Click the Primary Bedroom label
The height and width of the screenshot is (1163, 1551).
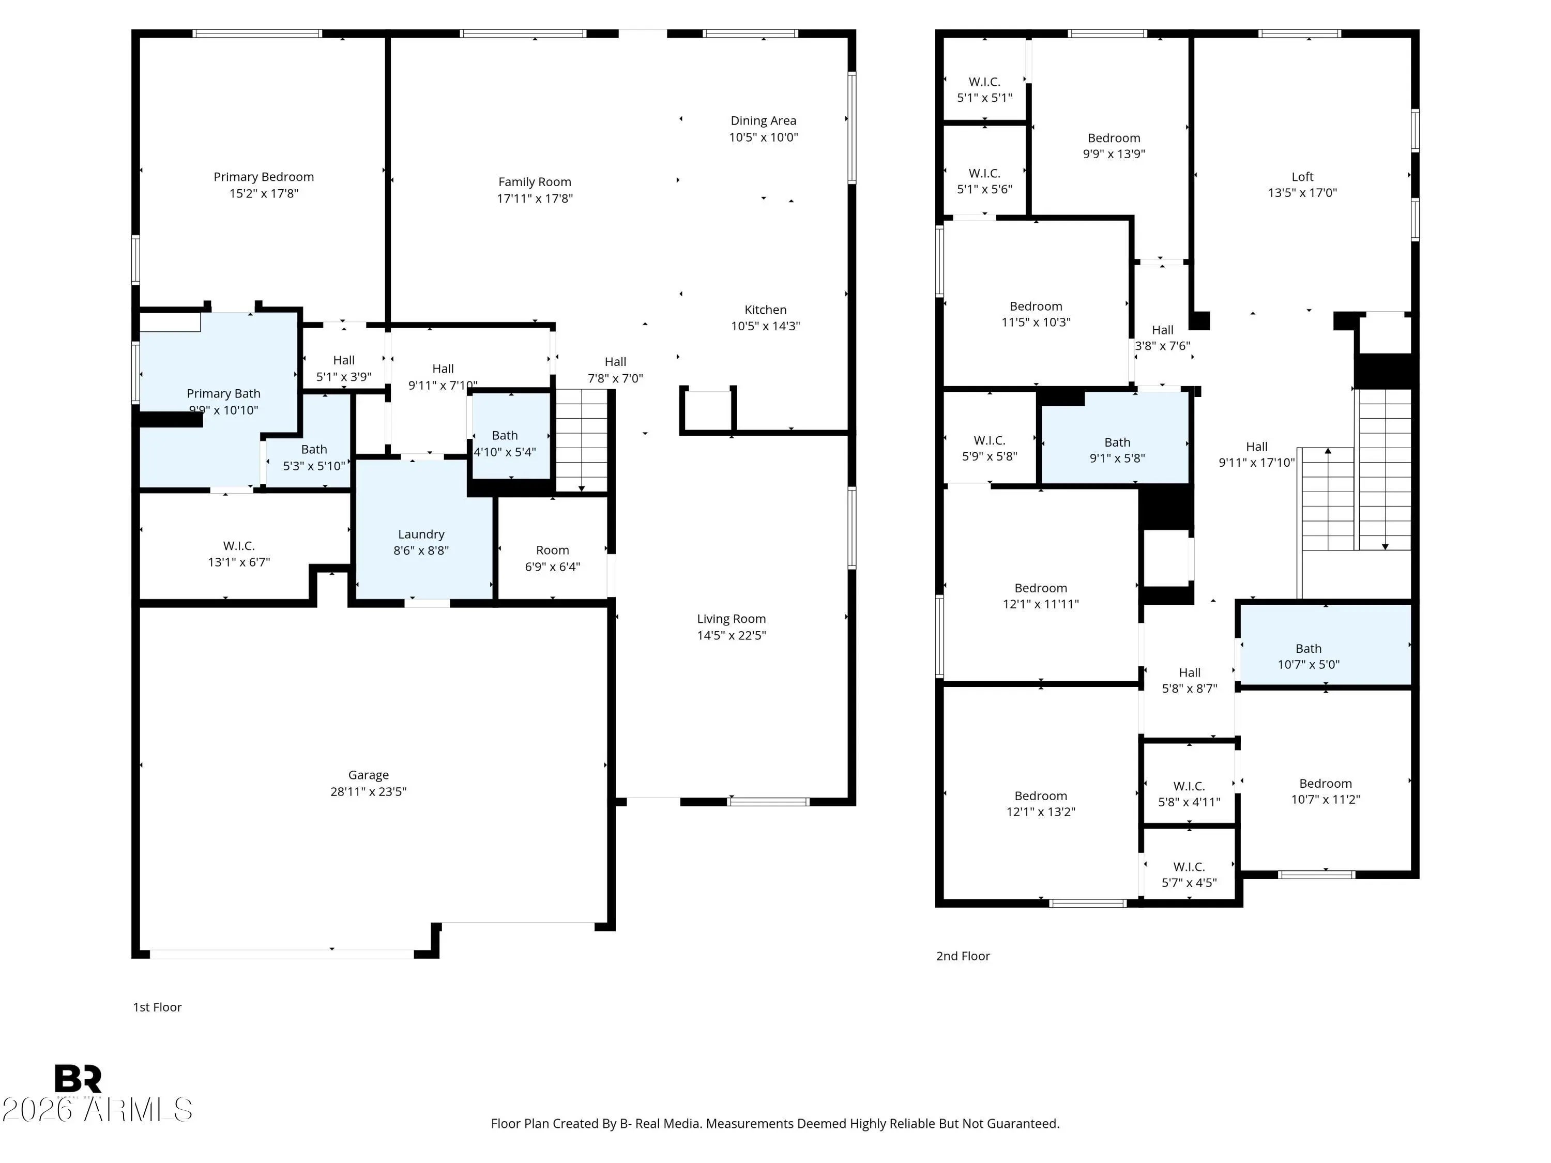[x=264, y=177]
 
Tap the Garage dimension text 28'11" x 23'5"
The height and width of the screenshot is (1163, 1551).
[x=368, y=791]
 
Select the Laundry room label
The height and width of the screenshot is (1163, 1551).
[x=421, y=534]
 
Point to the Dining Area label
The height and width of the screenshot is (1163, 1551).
[x=763, y=120]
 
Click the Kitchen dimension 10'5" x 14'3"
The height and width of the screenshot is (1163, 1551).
[x=765, y=326]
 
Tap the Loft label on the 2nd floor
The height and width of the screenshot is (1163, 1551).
[x=1302, y=177]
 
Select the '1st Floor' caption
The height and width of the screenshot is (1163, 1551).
[x=157, y=1007]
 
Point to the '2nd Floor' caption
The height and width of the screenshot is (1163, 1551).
[x=963, y=956]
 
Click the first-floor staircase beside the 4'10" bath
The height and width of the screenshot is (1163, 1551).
[x=581, y=441]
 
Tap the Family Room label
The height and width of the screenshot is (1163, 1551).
[x=534, y=181]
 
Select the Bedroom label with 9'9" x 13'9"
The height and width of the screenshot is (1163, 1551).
[x=1114, y=138]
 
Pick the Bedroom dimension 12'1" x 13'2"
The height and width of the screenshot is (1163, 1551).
[x=1041, y=812]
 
